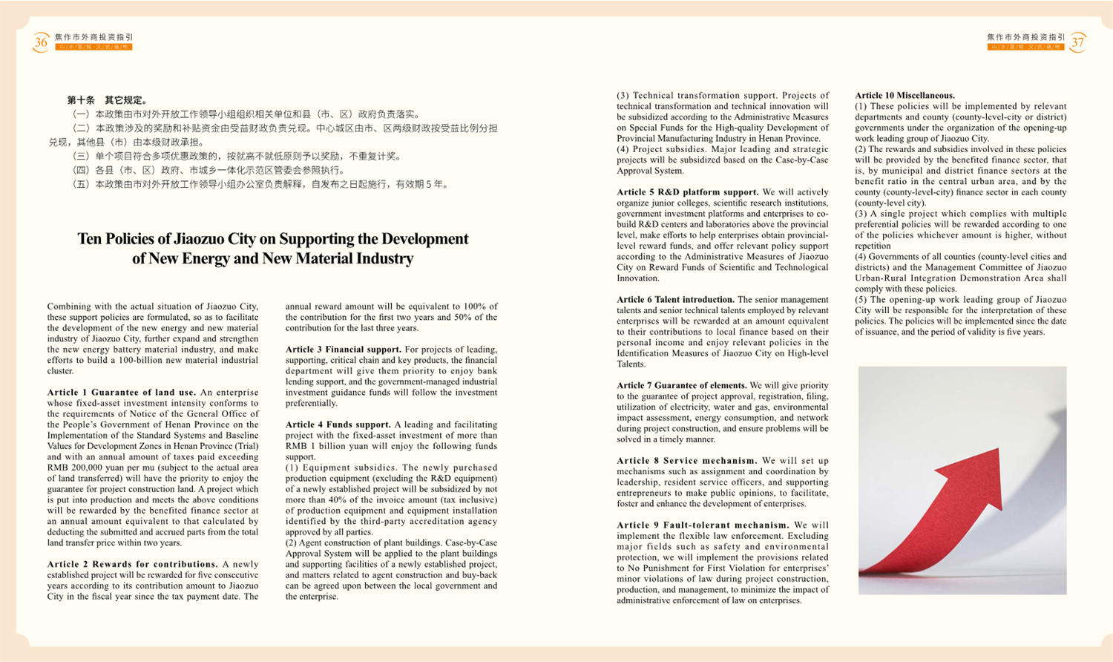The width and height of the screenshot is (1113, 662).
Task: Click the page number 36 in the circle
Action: point(41,42)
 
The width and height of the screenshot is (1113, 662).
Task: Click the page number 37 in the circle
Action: point(1077,42)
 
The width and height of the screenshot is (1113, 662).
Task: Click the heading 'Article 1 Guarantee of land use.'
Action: point(122,393)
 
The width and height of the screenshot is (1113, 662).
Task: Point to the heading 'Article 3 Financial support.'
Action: point(343,350)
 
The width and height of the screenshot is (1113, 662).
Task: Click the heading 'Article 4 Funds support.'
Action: point(338,425)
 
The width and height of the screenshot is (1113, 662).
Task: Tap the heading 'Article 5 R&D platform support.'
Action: point(687,192)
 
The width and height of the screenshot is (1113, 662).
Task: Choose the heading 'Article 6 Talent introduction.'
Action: point(675,300)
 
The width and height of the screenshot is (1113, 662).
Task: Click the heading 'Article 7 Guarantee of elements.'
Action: point(681,386)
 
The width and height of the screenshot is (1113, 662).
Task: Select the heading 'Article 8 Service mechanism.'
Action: point(686,461)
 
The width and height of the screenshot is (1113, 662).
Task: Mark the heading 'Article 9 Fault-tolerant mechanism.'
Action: point(703,525)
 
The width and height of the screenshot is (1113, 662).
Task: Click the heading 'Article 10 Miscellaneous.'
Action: point(904,96)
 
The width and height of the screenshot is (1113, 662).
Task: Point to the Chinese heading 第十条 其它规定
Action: point(108,100)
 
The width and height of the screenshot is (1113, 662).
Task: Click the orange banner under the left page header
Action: point(93,47)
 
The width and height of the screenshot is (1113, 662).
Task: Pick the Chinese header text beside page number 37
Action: point(1025,37)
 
